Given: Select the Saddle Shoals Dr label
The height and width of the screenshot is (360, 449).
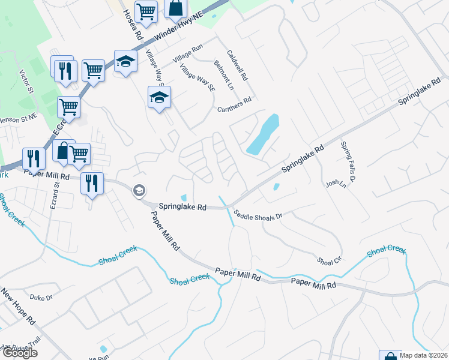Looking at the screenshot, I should coord(258,214).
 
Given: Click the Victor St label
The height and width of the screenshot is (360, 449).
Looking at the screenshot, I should coord(25,81).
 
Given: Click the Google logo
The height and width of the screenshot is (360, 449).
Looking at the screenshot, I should coord(19,353).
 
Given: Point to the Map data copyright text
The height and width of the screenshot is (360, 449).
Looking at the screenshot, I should coord(423,355).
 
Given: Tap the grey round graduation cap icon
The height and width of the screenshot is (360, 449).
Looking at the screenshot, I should coord(139,190).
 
